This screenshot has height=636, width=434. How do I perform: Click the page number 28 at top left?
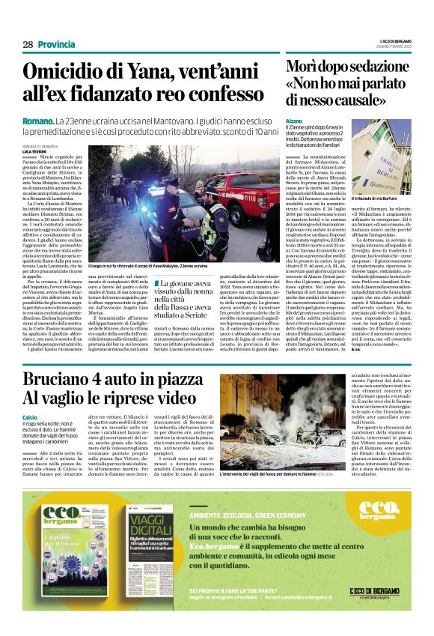(x=28, y=45)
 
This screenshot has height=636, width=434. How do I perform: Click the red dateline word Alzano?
(x=293, y=121)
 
